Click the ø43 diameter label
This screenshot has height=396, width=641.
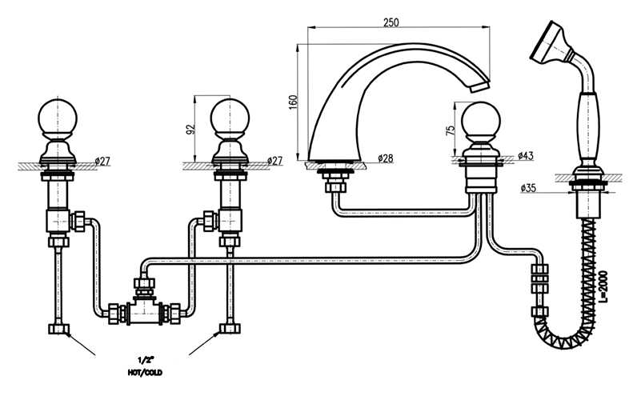point(525,154)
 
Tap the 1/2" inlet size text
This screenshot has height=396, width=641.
point(146,359)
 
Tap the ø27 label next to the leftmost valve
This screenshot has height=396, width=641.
point(102,160)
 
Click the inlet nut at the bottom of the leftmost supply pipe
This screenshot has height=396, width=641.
point(58,329)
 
